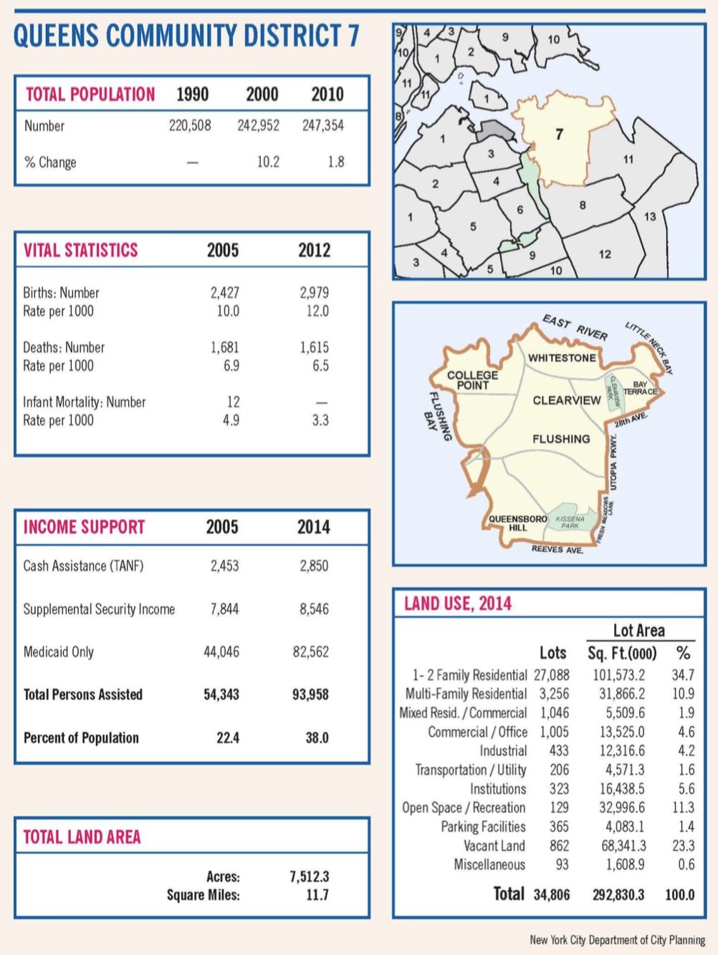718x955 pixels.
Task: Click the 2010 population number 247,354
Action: coord(322,125)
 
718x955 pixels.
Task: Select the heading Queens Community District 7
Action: coord(186,36)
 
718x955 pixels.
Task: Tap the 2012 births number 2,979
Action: coord(314,293)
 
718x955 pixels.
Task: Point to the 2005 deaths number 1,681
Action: coord(224,347)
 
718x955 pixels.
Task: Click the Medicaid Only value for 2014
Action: coord(310,652)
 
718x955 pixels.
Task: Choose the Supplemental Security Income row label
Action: coord(99,609)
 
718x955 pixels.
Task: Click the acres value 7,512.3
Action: coord(309,876)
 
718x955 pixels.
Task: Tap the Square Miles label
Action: coord(204,895)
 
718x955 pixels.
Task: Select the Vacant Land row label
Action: coord(494,845)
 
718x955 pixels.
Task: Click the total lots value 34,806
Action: coord(552,894)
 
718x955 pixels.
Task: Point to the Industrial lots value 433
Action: coord(558,750)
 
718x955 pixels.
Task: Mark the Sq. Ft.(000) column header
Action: coord(621,653)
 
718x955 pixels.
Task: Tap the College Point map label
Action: coord(472,380)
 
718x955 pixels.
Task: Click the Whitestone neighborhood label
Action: coord(561,357)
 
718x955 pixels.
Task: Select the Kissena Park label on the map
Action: coord(570,522)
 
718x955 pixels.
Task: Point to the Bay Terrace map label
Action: coord(640,388)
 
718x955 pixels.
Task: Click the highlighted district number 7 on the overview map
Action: coord(560,134)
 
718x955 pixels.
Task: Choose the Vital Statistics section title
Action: coord(80,250)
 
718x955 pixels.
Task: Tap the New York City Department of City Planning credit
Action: coord(617,939)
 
